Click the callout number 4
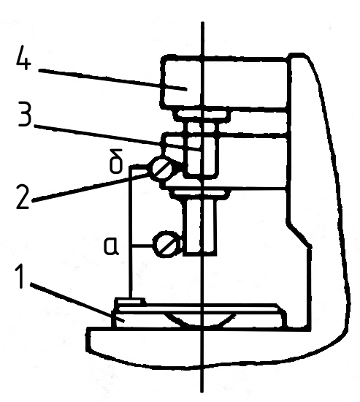click(23, 58)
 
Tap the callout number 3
click(25, 114)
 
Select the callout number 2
click(23, 197)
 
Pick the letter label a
click(111, 246)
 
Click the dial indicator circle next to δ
click(162, 169)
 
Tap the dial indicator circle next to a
click(166, 244)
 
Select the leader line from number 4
click(112, 79)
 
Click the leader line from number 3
click(117, 138)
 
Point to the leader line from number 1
click(77, 303)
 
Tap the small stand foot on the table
click(129, 300)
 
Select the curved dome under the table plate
click(199, 319)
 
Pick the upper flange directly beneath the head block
click(201, 115)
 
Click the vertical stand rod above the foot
click(131, 232)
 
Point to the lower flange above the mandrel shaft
click(199, 194)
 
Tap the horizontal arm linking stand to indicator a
click(142, 246)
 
